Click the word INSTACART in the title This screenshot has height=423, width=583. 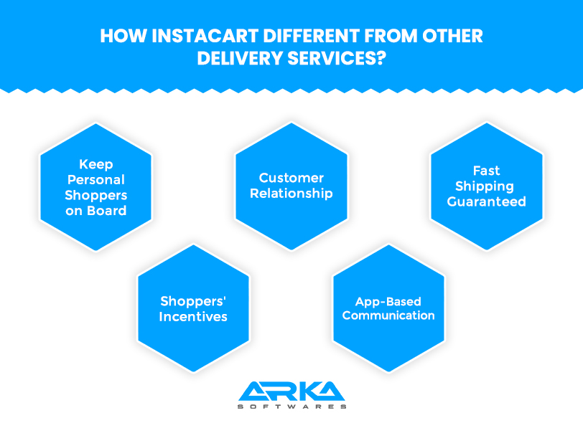click(205, 36)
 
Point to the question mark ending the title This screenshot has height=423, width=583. click(381, 58)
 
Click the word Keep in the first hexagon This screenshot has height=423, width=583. click(96, 164)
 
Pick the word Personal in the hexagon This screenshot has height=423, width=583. click(96, 180)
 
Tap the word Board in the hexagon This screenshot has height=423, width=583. click(107, 211)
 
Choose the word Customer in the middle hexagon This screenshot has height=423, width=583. click(291, 178)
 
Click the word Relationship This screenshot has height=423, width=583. click(291, 194)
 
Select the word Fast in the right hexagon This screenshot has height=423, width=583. click(486, 171)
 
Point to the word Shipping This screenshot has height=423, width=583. click(485, 186)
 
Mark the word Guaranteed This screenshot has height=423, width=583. click(486, 201)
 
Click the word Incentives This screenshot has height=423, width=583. click(193, 317)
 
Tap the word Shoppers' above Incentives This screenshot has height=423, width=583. click(193, 302)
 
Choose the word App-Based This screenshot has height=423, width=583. click(388, 302)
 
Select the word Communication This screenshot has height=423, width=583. click(388, 315)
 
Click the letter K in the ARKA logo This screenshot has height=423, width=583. click(305, 391)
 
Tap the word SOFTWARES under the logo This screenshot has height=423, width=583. click(292, 407)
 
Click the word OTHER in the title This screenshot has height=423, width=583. click(452, 36)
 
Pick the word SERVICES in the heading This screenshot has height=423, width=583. click(332, 58)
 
